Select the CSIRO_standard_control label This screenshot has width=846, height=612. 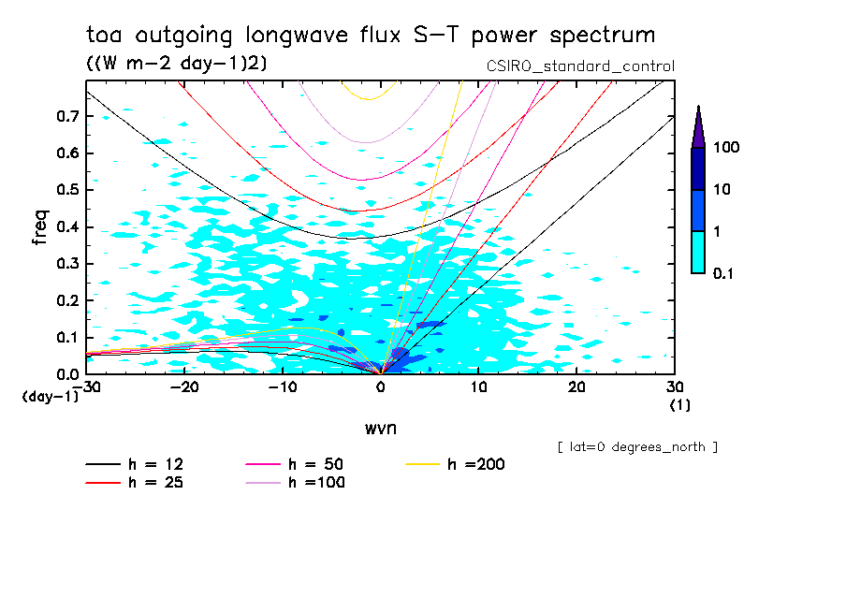point(580,66)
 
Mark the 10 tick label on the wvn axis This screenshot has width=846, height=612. point(478,386)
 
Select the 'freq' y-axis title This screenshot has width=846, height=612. point(40,227)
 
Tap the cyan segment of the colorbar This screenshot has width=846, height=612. point(698,252)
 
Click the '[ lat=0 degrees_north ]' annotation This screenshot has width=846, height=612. point(637,447)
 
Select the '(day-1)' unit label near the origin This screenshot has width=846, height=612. point(50,397)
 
